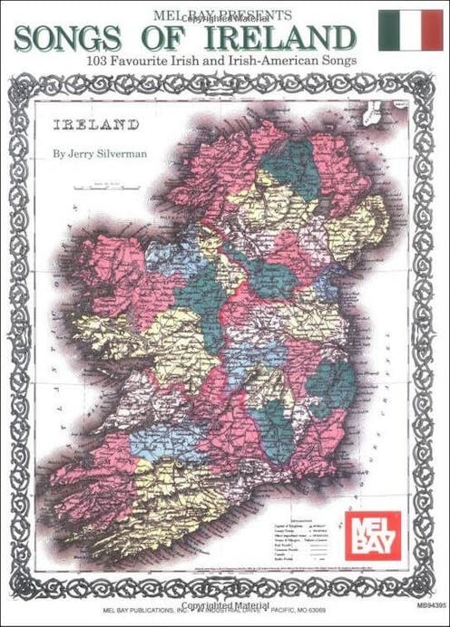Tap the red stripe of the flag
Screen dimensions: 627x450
pyautogui.click(x=430, y=29)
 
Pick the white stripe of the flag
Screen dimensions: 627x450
pyautogui.click(x=410, y=29)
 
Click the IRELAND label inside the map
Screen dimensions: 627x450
pyautogui.click(x=97, y=123)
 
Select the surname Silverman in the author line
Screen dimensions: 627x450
pyautogui.click(x=126, y=154)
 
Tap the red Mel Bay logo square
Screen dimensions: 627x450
pyautogui.click(x=372, y=535)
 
